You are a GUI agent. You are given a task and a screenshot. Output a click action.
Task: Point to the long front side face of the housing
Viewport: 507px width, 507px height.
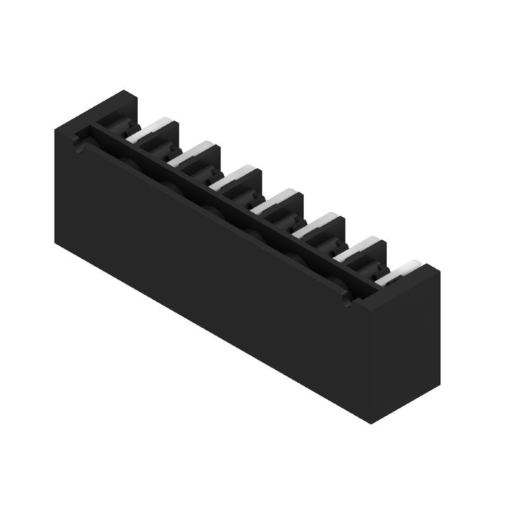click(209, 253)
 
